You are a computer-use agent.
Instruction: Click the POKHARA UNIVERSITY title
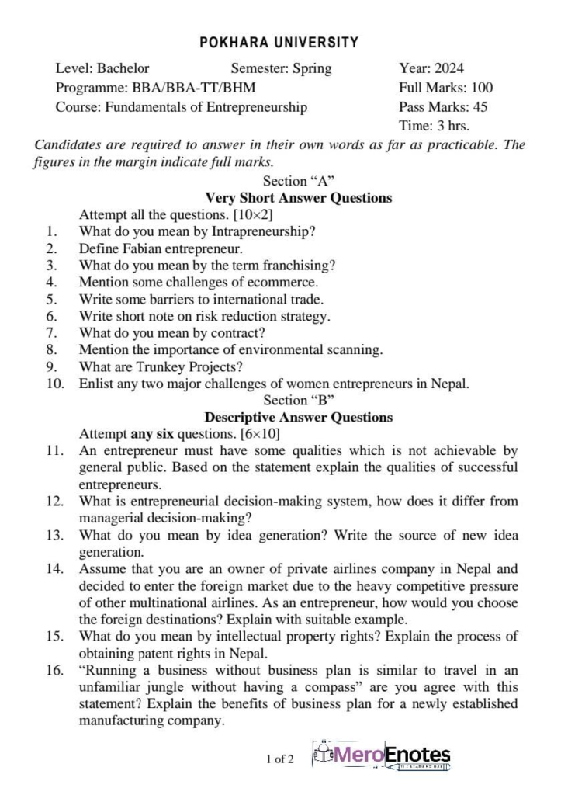tap(279, 43)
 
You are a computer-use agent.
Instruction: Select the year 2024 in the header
tap(449, 68)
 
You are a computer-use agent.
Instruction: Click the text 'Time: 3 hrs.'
tap(434, 126)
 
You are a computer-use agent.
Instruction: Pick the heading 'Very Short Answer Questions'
tap(299, 198)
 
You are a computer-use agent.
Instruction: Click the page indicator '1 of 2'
tap(279, 759)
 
